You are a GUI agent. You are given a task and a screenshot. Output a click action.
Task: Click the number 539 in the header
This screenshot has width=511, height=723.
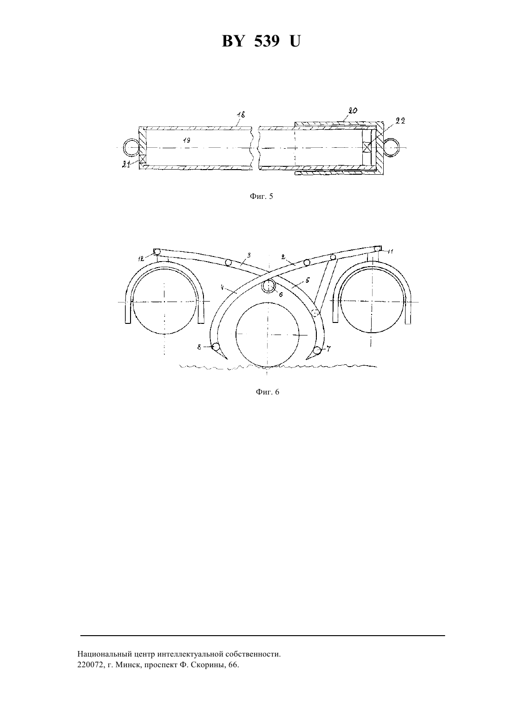click(x=267, y=41)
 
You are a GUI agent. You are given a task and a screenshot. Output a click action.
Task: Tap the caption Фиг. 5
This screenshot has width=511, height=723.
click(x=261, y=196)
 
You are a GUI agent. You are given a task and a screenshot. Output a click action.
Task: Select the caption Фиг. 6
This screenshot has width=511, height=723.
click(x=268, y=392)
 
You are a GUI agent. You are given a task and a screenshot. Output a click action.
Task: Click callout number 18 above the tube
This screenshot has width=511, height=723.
click(x=241, y=115)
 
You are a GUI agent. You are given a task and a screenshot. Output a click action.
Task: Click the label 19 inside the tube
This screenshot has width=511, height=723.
click(x=186, y=140)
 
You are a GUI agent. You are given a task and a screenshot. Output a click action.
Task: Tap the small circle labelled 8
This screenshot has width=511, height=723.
click(x=215, y=347)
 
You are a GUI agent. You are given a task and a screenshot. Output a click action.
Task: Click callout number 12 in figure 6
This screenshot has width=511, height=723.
click(x=141, y=258)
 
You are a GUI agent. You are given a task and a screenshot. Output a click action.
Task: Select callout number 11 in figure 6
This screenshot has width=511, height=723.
click(x=390, y=251)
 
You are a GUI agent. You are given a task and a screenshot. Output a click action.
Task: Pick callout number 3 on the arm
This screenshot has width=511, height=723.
click(x=249, y=255)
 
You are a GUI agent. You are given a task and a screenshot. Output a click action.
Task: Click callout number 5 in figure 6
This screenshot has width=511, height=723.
click(x=308, y=280)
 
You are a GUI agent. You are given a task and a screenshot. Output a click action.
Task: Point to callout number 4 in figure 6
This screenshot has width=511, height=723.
click(x=222, y=287)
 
